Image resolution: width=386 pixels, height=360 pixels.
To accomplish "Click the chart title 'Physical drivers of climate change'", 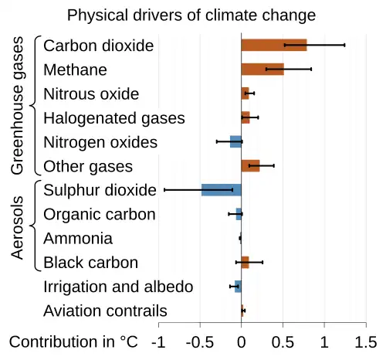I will click(x=191, y=15).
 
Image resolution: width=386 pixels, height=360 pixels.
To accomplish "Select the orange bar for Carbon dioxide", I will click(x=274, y=46).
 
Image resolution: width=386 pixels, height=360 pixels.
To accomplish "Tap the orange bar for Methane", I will click(x=262, y=70).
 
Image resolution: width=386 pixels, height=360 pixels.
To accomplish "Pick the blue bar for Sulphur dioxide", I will click(x=222, y=190).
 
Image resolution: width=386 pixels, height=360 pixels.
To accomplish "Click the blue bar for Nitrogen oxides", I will click(x=235, y=141).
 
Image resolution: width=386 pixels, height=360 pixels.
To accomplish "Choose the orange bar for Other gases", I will click(x=250, y=165).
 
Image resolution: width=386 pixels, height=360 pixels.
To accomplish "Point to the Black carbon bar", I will click(x=245, y=263).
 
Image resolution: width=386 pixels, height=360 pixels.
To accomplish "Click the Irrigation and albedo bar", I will click(x=238, y=287).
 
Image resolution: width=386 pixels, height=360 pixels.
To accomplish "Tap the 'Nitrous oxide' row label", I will click(x=91, y=94).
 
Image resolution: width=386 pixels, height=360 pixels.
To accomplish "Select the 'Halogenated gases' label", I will click(x=113, y=118).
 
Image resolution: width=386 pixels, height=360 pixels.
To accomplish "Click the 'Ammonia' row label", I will click(x=78, y=239).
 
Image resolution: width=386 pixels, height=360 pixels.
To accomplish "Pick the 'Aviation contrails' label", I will click(x=105, y=311).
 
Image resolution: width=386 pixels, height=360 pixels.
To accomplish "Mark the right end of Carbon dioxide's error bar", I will click(x=344, y=46).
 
